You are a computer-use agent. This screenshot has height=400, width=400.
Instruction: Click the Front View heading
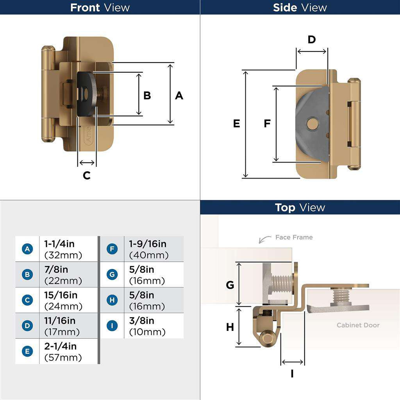(x=100, y=7)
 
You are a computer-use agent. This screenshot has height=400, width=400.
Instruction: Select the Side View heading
(x=300, y=7)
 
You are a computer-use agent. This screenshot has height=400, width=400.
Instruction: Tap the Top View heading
(x=300, y=207)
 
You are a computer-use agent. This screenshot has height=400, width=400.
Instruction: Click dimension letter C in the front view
(x=87, y=176)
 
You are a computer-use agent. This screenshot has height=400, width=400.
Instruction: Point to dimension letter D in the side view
(x=311, y=39)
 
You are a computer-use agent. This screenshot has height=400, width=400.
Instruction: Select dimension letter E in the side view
(x=236, y=123)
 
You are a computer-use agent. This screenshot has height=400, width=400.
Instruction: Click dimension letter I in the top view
(x=292, y=374)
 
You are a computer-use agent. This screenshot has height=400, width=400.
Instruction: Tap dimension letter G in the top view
(x=230, y=285)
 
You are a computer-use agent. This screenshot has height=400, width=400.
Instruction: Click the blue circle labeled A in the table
(x=27, y=249)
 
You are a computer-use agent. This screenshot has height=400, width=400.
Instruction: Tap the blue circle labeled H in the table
(x=112, y=300)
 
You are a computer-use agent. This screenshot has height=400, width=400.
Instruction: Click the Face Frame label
(x=294, y=237)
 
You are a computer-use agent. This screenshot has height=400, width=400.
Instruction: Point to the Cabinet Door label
(x=358, y=325)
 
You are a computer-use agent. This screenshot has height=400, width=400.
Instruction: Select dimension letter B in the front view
(x=147, y=95)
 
